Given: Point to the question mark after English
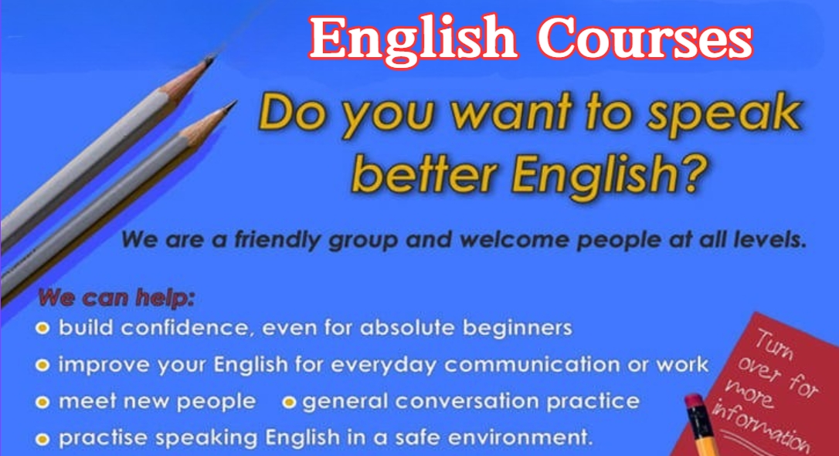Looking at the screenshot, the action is pyautogui.click(x=695, y=172).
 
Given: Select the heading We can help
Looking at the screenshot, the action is pyautogui.click(x=116, y=297).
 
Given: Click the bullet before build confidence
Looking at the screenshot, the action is pyautogui.click(x=42, y=328).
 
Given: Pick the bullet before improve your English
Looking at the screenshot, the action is pyautogui.click(x=42, y=365).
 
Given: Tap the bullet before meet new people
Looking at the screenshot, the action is pyautogui.click(x=42, y=402).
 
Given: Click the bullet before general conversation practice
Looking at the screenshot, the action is pyautogui.click(x=289, y=402).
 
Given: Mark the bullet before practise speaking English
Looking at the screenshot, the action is pyautogui.click(x=42, y=440).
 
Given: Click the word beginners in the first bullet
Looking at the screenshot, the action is pyautogui.click(x=518, y=328).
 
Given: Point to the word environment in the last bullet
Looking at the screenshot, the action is pyautogui.click(x=520, y=437).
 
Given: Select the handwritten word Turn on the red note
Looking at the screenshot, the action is pyautogui.click(x=774, y=345).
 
